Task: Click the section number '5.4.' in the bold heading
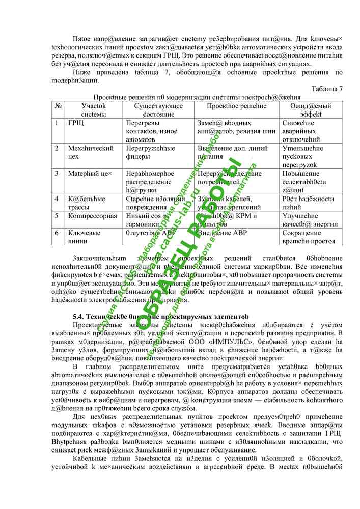coord(81,316)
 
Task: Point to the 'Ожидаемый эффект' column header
coord(311,110)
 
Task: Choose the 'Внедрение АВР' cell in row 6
coord(224,233)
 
